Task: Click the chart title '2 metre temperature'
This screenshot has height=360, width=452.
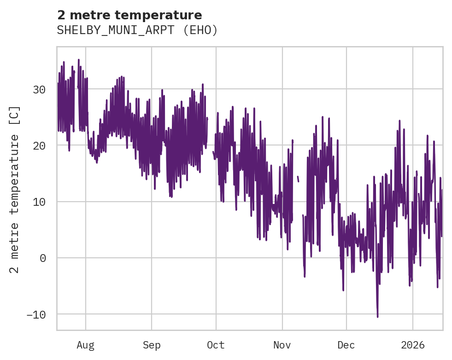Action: point(129,15)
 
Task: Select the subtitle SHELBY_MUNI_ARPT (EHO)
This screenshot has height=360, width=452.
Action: point(137,30)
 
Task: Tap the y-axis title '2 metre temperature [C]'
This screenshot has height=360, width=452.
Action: point(15,189)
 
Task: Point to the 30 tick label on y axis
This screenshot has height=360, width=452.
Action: point(39,89)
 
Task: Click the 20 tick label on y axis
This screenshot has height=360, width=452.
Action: point(39,145)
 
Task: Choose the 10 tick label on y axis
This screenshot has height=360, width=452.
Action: point(39,202)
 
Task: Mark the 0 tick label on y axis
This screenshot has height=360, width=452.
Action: point(43,258)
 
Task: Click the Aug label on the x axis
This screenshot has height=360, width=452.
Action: point(85,345)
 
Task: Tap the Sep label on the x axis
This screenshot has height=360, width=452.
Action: point(151,345)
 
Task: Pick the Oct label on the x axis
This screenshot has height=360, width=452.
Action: point(216,345)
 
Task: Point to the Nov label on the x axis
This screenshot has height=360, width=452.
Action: point(282,345)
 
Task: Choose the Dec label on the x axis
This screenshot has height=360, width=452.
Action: point(346,345)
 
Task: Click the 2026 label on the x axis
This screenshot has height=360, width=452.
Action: point(412,345)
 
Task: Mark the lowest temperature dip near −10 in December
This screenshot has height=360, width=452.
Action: point(377,316)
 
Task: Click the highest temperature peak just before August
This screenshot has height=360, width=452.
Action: point(79,60)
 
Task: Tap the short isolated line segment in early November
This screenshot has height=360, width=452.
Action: point(298,179)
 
